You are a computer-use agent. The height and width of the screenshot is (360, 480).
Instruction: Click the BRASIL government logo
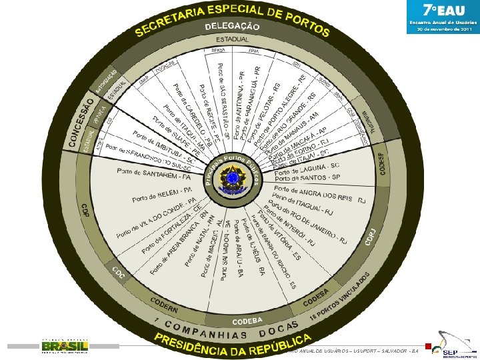[x=65, y=346]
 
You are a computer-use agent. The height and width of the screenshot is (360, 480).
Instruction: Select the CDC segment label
[x=119, y=275]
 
